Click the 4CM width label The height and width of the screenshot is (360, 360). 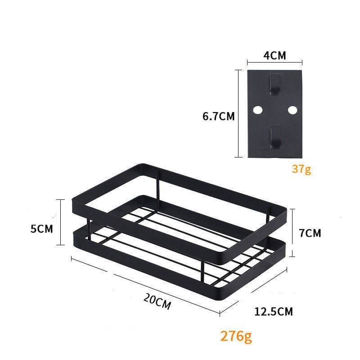[275, 56]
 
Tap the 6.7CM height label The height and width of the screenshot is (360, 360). [219, 116]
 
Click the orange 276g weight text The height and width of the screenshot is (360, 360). [236, 336]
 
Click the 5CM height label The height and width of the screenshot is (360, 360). [42, 229]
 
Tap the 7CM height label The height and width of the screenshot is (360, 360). [310, 233]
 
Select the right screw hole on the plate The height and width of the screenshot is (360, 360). [292, 110]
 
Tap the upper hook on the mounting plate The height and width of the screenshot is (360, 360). [274, 85]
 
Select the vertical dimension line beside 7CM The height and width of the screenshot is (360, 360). [293, 232]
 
